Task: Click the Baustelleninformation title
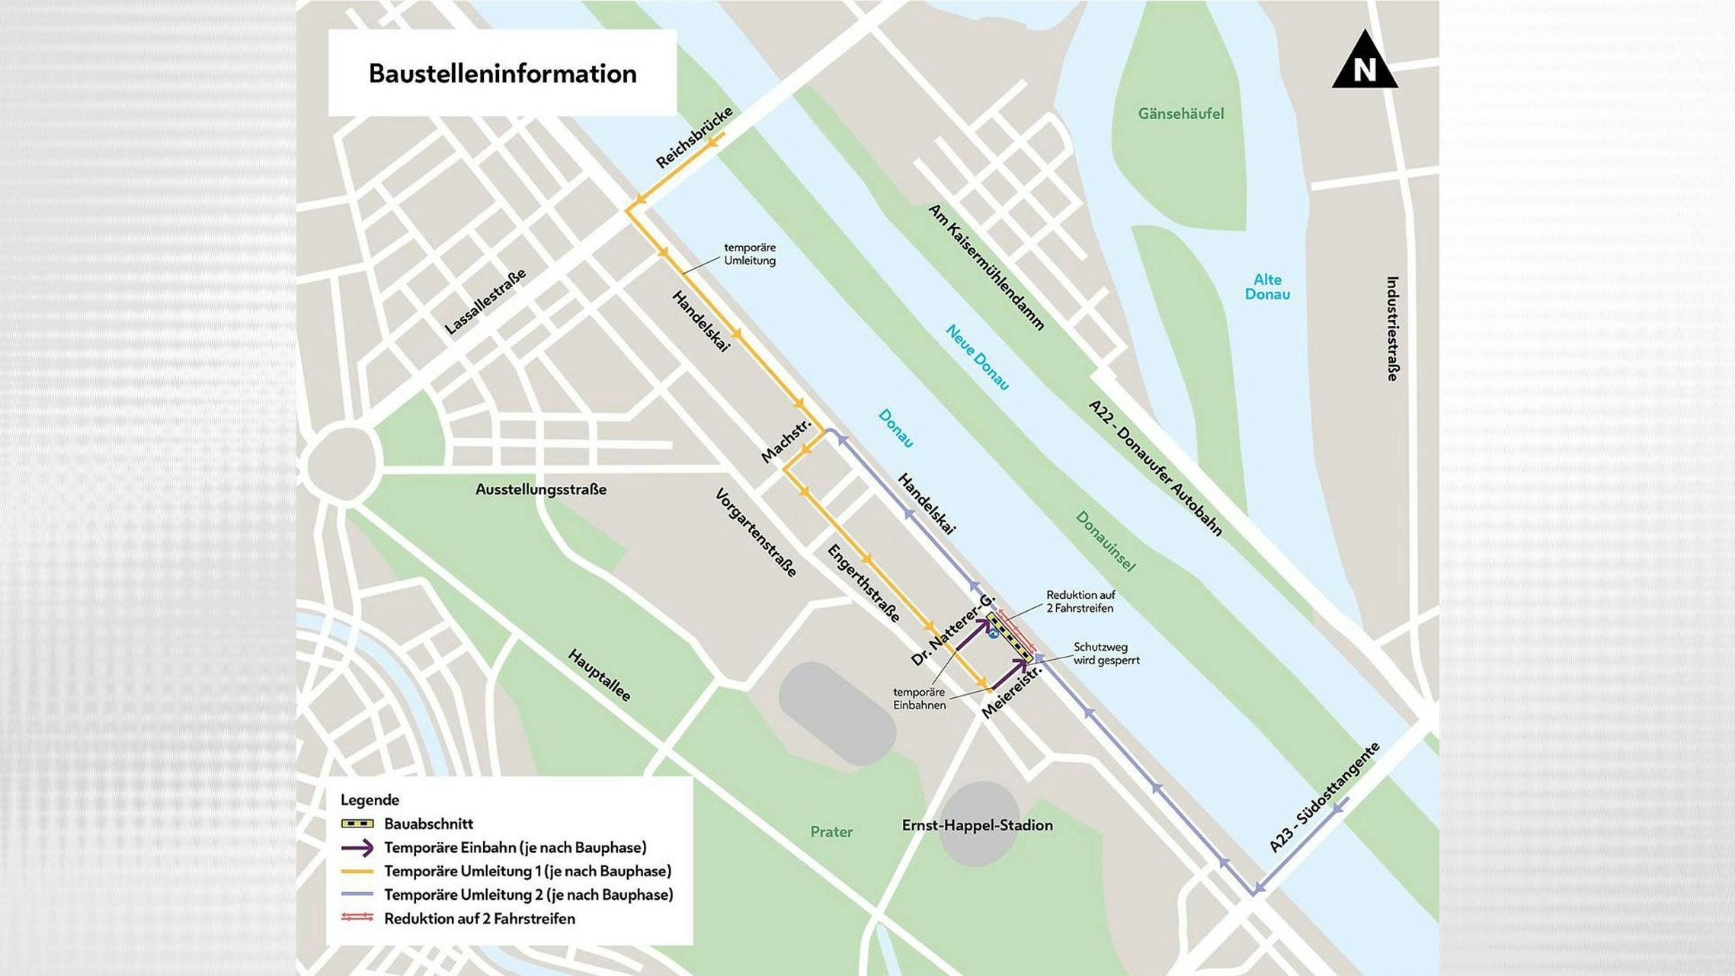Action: click(502, 74)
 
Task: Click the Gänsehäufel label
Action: click(1180, 114)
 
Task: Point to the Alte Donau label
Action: click(1267, 286)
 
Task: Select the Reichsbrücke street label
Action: click(694, 137)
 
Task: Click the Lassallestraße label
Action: click(485, 302)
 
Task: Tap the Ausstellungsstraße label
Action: click(541, 489)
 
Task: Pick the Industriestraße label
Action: click(1392, 328)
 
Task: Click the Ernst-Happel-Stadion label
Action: click(977, 825)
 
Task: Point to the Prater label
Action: click(831, 832)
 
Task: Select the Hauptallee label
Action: click(600, 675)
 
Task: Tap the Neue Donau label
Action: click(978, 357)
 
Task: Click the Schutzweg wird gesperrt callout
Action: click(1106, 654)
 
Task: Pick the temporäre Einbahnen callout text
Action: click(920, 699)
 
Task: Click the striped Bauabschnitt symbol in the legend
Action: click(357, 824)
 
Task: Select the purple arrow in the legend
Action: click(357, 847)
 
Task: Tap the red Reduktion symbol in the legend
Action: click(357, 918)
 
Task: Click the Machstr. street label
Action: click(786, 440)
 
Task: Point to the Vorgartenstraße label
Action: click(756, 533)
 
